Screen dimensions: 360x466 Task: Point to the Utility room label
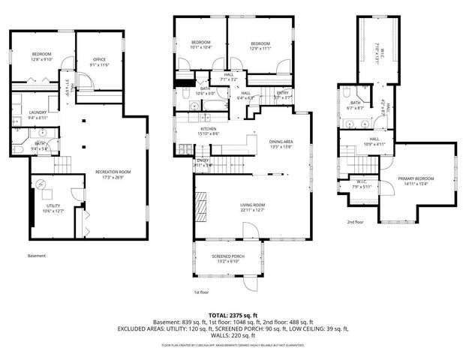(53, 208)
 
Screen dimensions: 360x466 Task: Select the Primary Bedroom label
(416, 181)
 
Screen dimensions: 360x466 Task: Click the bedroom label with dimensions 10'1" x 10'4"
(200, 44)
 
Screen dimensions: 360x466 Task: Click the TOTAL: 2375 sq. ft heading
(233, 316)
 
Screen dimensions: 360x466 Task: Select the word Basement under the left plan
(37, 256)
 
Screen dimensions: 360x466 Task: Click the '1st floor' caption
(200, 292)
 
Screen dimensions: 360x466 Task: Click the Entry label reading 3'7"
(282, 95)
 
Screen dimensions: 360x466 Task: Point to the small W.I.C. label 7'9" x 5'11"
(362, 184)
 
